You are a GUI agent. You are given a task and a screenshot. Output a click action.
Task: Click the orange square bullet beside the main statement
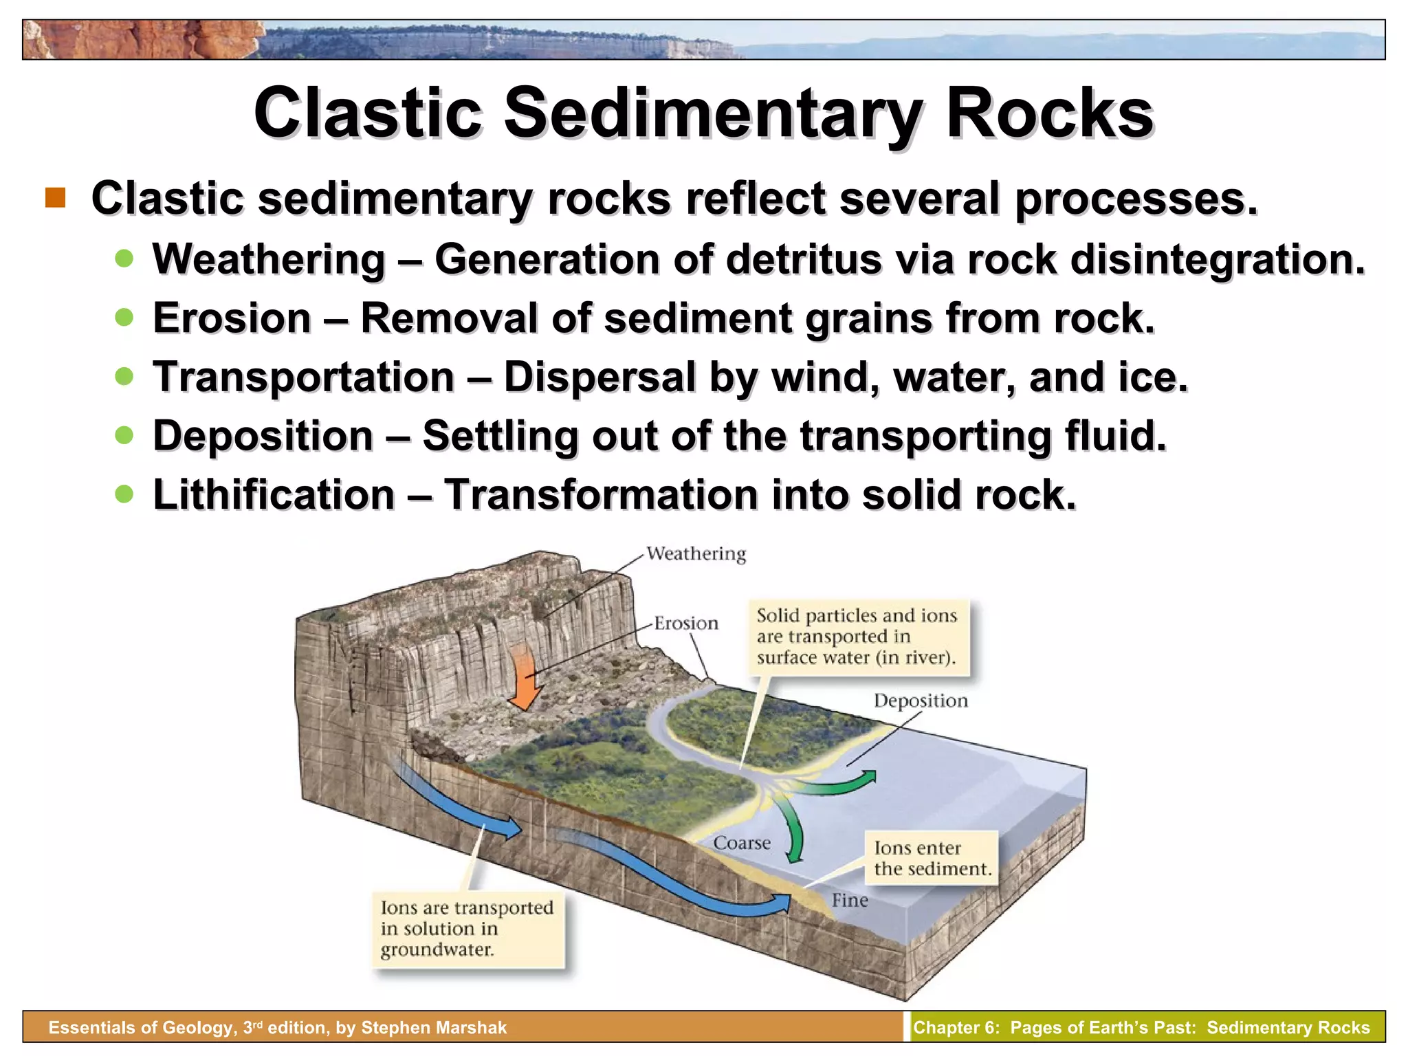coord(56,198)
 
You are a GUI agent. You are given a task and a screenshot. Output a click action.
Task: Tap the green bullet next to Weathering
coord(124,258)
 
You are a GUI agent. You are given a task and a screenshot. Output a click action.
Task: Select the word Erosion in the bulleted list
coord(232,318)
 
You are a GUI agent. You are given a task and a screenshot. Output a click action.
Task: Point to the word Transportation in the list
coord(303,377)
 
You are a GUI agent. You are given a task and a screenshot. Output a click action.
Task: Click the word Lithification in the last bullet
coord(274,494)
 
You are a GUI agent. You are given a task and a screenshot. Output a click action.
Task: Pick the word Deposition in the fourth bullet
coord(263,436)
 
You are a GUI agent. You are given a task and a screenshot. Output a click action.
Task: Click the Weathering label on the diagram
coord(696,554)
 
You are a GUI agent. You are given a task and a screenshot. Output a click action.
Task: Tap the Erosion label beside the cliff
coord(685,624)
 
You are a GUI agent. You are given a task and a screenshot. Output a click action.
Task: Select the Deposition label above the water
coord(920,701)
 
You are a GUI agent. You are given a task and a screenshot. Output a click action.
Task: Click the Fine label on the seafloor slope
coord(849,901)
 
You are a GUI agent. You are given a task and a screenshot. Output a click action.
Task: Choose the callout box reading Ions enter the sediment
coord(932,859)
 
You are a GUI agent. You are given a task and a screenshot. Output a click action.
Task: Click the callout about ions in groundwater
coord(467,929)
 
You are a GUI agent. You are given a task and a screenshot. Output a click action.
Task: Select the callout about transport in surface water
coord(857,637)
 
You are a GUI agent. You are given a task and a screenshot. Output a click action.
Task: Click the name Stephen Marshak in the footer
coord(433,1028)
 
